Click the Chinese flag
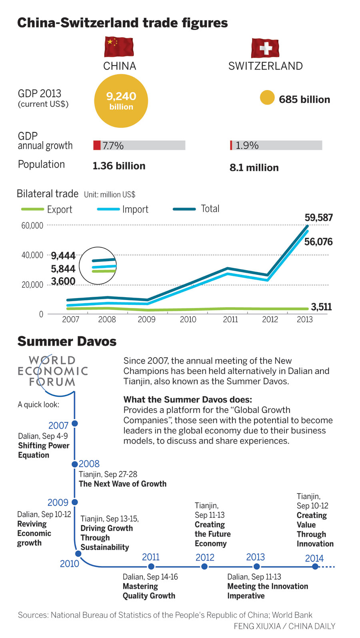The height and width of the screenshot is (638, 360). click(x=119, y=46)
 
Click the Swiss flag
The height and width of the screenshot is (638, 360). click(x=265, y=48)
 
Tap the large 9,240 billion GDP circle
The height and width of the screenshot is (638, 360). click(x=121, y=101)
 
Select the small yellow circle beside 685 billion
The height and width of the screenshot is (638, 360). click(x=267, y=98)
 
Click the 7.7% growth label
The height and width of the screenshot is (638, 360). click(x=113, y=146)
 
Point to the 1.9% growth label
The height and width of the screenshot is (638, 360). click(x=247, y=146)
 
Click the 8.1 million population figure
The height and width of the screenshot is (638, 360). click(x=254, y=168)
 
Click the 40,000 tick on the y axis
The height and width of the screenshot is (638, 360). click(x=32, y=255)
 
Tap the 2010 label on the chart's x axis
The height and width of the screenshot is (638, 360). click(x=188, y=319)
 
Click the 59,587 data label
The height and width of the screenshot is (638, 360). click(x=318, y=218)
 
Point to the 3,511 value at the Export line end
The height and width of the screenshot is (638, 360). click(x=321, y=307)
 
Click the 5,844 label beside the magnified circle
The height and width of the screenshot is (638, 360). click(x=63, y=269)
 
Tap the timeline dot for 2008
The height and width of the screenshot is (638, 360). click(x=74, y=464)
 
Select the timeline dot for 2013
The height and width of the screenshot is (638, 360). click(x=257, y=566)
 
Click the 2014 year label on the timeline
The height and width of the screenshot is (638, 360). click(x=314, y=558)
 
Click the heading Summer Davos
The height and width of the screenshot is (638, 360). click(x=67, y=341)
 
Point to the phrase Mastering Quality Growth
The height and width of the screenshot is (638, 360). click(x=149, y=591)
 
